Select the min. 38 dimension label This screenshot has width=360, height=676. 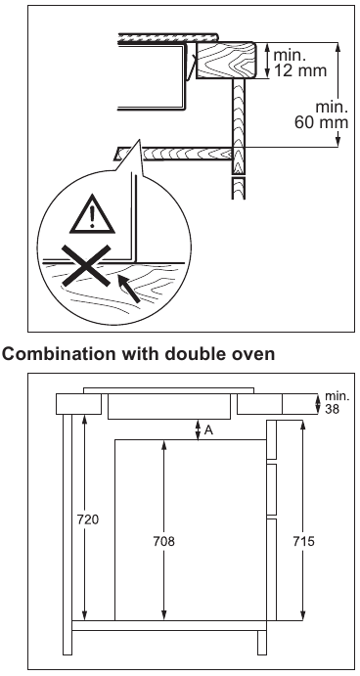336,402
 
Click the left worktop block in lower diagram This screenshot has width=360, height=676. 78,404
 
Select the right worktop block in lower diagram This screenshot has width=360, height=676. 274,404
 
